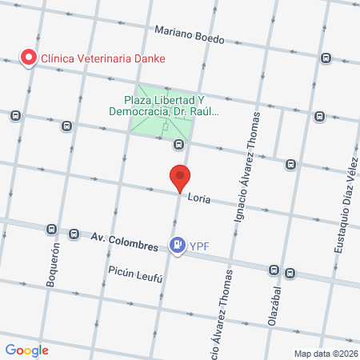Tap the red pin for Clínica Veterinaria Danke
[29, 58]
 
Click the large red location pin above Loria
[180, 178]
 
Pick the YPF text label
[198, 247]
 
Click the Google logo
[26, 350]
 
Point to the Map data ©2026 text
[326, 353]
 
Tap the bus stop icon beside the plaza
[178, 145]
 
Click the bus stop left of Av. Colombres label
[74, 234]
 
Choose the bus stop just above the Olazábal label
[274, 270]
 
